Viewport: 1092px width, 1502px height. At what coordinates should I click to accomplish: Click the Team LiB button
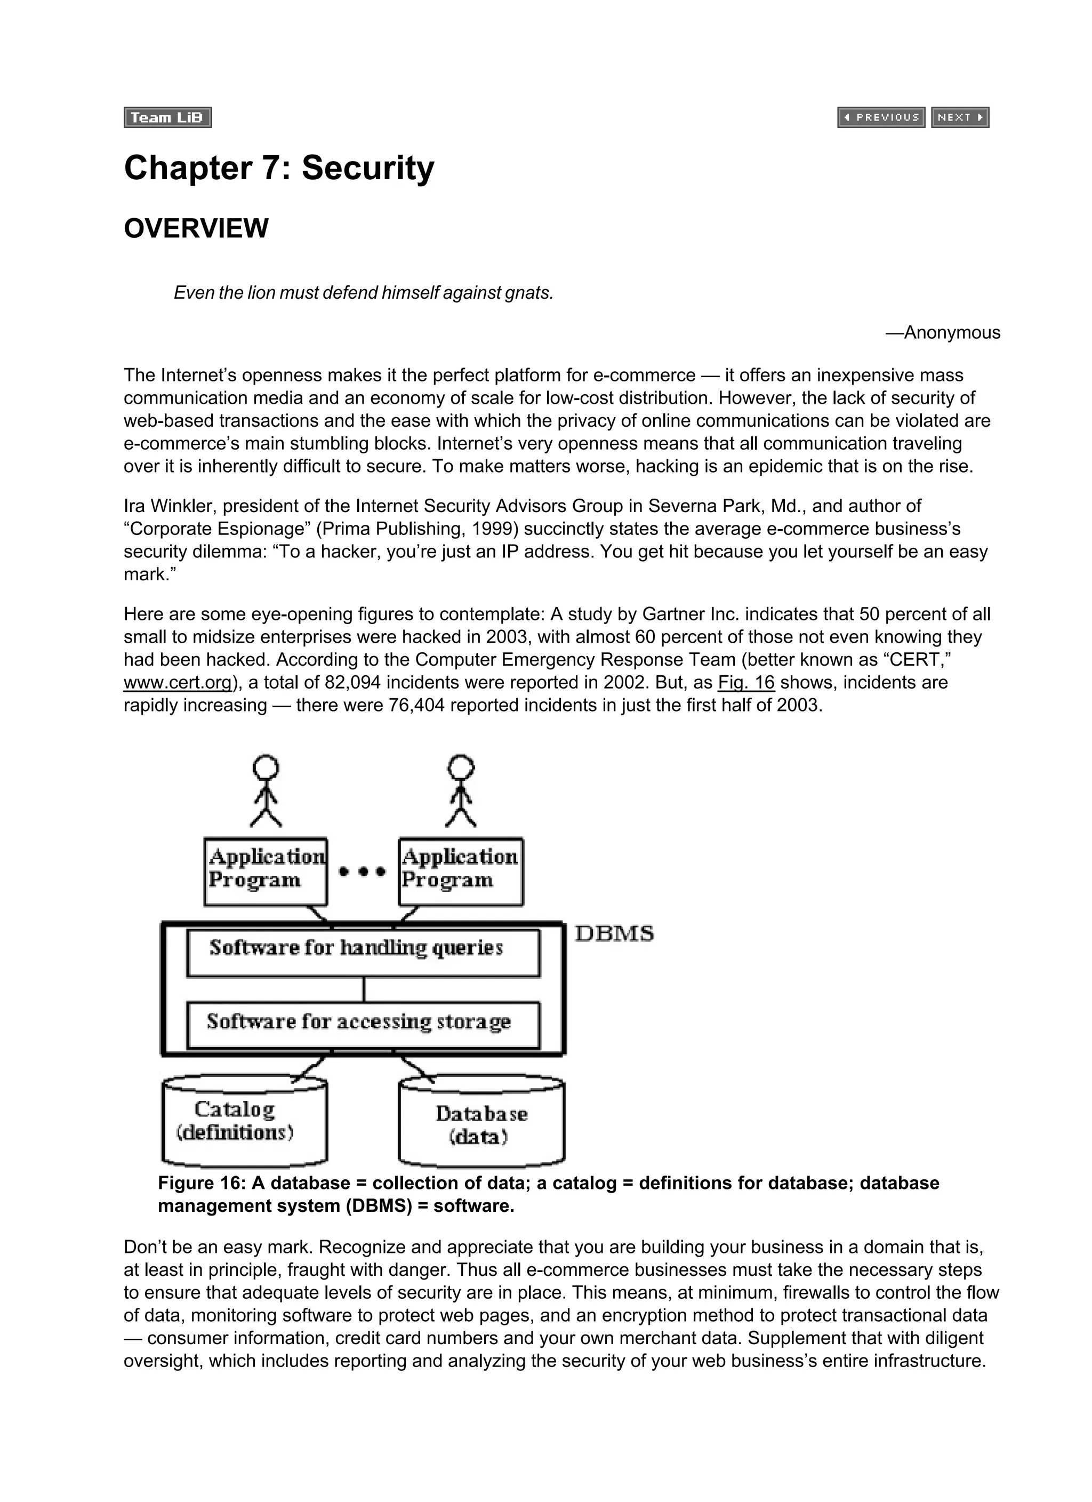(167, 117)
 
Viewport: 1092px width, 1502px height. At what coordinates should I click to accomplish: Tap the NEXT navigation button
(960, 117)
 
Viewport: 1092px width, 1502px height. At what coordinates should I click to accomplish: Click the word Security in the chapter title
(367, 168)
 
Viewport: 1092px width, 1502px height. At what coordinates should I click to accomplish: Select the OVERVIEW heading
(196, 228)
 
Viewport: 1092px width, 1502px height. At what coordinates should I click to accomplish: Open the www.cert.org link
(178, 683)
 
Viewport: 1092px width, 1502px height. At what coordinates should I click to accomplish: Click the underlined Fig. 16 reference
(745, 683)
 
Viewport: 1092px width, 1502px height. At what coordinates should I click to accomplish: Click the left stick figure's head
(266, 768)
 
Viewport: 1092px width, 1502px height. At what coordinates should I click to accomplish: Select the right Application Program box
(460, 872)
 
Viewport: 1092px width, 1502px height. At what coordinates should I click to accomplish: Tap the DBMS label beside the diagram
(614, 934)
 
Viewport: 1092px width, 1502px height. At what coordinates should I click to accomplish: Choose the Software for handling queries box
(363, 953)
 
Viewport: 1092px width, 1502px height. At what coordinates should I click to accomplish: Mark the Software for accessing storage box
(363, 1025)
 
